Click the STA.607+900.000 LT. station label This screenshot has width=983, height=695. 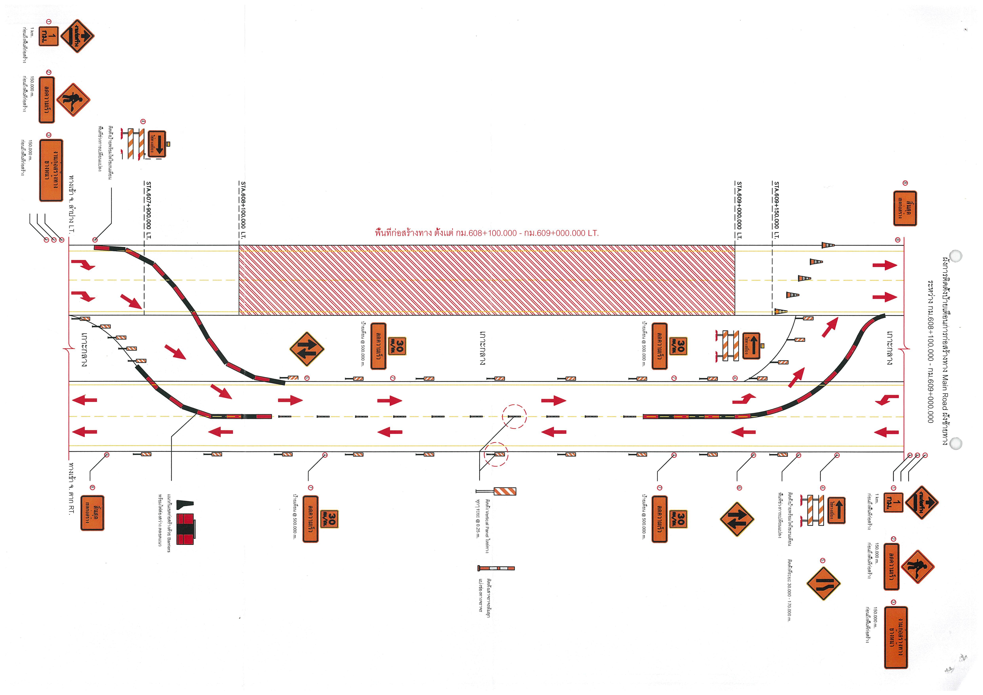click(149, 210)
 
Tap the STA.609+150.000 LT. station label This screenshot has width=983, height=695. click(776, 210)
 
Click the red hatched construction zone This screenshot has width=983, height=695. click(486, 281)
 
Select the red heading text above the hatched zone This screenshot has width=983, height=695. click(486, 233)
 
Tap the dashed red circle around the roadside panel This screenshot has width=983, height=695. click(496, 454)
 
